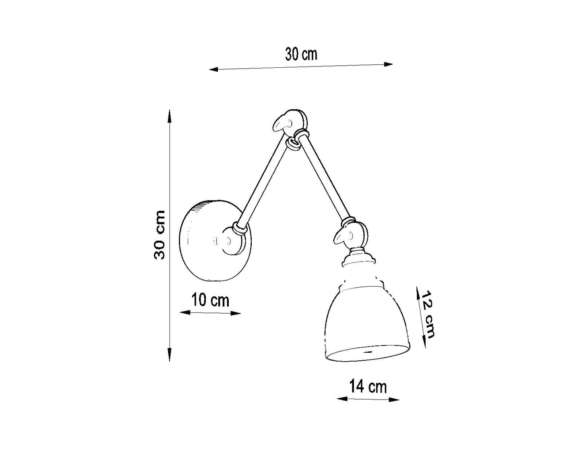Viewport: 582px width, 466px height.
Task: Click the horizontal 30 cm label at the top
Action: click(301, 54)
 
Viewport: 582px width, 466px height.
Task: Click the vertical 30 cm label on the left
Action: click(159, 235)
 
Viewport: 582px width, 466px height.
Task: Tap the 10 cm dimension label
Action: click(210, 300)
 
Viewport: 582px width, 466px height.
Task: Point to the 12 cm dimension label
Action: click(428, 314)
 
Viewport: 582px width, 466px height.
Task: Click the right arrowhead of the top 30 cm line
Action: click(389, 64)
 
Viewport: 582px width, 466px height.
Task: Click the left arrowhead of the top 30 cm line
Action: click(213, 70)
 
